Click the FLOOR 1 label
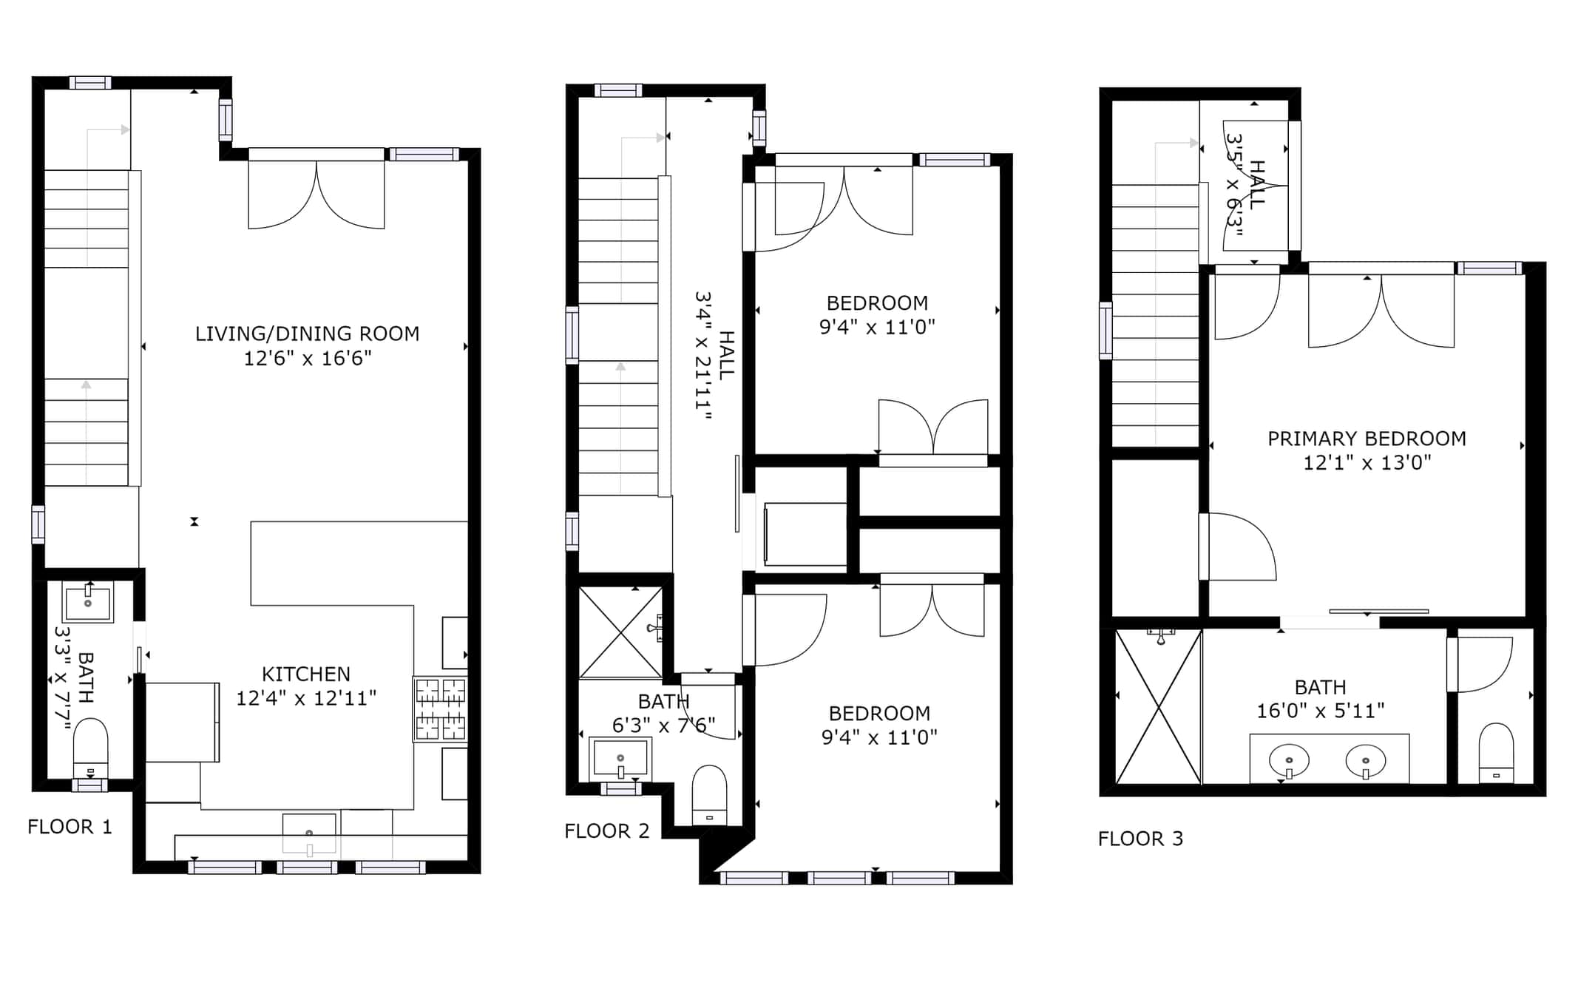point(70,827)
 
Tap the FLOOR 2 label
point(606,831)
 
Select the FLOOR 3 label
point(1140,839)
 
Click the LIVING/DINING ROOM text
point(307,334)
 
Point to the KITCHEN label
point(306,674)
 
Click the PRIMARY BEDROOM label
point(1367,439)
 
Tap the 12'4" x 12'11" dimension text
point(306,698)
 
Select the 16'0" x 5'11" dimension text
point(1321,711)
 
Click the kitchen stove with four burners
point(440,709)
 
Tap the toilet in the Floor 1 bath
point(90,748)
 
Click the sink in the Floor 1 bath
point(88,603)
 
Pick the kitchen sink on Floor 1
point(310,834)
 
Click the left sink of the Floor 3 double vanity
point(1289,761)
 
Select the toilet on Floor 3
point(1496,753)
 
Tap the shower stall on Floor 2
point(620,632)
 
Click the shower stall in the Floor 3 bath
point(1158,706)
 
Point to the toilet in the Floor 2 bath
point(709,795)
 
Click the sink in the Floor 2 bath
point(620,759)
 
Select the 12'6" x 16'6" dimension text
point(308,359)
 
